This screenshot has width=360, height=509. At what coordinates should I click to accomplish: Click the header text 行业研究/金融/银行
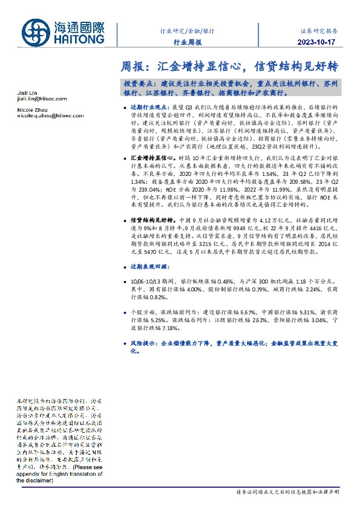pos(188,30)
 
